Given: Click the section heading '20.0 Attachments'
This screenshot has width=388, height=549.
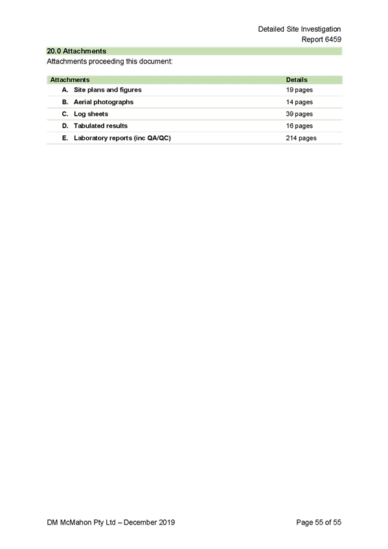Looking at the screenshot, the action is click(76, 51).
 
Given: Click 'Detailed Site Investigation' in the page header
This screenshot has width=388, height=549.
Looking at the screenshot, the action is click(299, 29).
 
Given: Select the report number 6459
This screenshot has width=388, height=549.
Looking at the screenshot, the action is click(333, 39).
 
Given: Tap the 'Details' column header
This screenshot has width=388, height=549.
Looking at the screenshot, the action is click(297, 80).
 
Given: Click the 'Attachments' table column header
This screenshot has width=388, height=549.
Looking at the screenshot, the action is click(70, 80).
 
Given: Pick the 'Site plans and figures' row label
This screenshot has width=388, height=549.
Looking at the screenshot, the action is click(108, 90).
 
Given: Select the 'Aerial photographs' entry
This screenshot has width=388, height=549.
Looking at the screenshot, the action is click(104, 102).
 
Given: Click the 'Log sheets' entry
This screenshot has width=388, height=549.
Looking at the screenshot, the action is click(91, 114).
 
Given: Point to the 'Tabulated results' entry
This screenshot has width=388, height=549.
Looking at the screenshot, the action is click(100, 126).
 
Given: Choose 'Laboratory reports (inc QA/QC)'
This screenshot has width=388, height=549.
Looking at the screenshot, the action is click(122, 138).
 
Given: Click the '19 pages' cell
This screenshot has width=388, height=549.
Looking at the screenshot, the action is click(299, 90).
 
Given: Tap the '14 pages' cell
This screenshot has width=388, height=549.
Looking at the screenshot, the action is click(299, 102).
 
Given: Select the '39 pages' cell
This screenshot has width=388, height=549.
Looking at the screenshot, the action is click(299, 114).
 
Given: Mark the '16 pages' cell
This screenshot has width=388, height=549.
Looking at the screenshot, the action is click(299, 126).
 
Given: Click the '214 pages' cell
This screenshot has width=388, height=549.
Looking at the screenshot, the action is click(301, 138).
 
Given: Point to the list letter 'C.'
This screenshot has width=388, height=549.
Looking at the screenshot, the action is click(65, 114).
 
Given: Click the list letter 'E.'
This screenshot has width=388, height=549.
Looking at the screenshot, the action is click(65, 138).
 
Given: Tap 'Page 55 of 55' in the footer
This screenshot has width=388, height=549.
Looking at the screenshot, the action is click(319, 522).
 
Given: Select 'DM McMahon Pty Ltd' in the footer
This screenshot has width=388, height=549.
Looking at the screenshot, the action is click(81, 522).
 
